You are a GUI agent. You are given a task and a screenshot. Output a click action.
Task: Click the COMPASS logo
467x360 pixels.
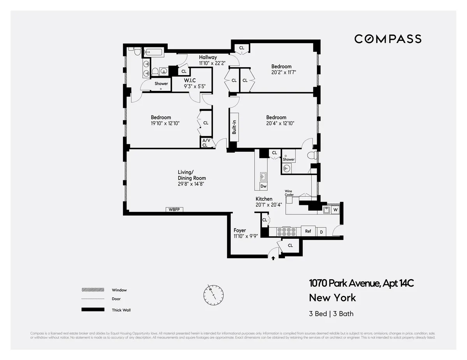point(388,39)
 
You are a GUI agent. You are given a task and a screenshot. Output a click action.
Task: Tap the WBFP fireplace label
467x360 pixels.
point(174,210)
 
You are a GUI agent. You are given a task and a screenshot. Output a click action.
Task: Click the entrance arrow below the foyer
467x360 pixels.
point(273,257)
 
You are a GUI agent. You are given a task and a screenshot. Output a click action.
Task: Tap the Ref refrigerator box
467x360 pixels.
point(308,231)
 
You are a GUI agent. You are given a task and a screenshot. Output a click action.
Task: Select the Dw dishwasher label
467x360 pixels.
point(263,187)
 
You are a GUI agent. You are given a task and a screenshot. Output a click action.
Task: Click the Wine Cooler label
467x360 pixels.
point(289,193)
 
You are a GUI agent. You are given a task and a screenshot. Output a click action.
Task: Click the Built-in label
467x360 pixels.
point(234,127)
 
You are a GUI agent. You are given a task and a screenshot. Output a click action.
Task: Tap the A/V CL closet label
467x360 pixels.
point(205,143)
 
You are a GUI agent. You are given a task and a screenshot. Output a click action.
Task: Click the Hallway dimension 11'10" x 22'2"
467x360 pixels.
point(212,63)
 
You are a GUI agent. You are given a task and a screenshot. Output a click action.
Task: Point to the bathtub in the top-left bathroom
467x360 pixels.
point(155,52)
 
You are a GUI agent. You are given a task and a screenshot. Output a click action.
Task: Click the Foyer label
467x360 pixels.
point(239,231)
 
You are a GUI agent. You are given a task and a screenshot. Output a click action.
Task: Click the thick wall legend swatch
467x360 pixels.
point(93,310)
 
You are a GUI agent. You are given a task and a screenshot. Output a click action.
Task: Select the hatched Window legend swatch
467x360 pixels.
point(93,290)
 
